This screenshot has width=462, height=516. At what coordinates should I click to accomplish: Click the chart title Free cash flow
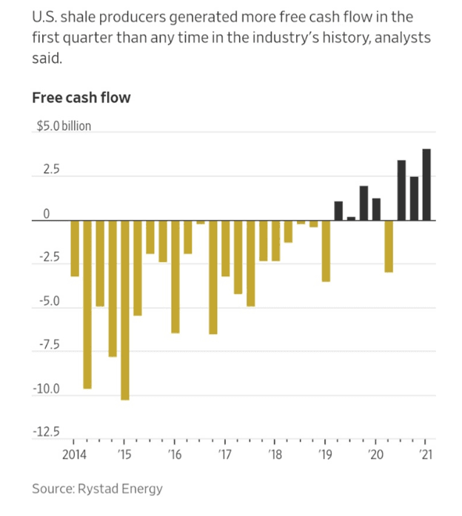coord(81,97)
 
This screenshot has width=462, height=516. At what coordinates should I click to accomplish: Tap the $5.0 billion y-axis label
coord(64,126)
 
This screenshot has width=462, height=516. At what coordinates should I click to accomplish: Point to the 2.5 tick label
coord(50,170)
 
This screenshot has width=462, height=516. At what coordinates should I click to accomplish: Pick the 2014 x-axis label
coord(74,453)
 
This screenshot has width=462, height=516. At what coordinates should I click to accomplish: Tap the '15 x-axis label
coord(124,453)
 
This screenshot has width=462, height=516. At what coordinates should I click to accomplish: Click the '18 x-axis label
coord(275,453)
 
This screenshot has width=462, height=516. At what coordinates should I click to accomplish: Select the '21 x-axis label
coord(426,453)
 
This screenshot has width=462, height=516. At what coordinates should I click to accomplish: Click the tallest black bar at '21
coord(426,184)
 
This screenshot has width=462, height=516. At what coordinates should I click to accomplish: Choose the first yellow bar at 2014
coord(75,248)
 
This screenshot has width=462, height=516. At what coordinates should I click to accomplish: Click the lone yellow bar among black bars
coord(389,246)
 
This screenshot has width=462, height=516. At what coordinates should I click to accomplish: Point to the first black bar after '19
coord(338,211)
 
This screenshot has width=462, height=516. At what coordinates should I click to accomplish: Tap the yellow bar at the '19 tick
coord(326,251)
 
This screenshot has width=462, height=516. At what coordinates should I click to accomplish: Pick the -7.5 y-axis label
coord(50,345)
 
